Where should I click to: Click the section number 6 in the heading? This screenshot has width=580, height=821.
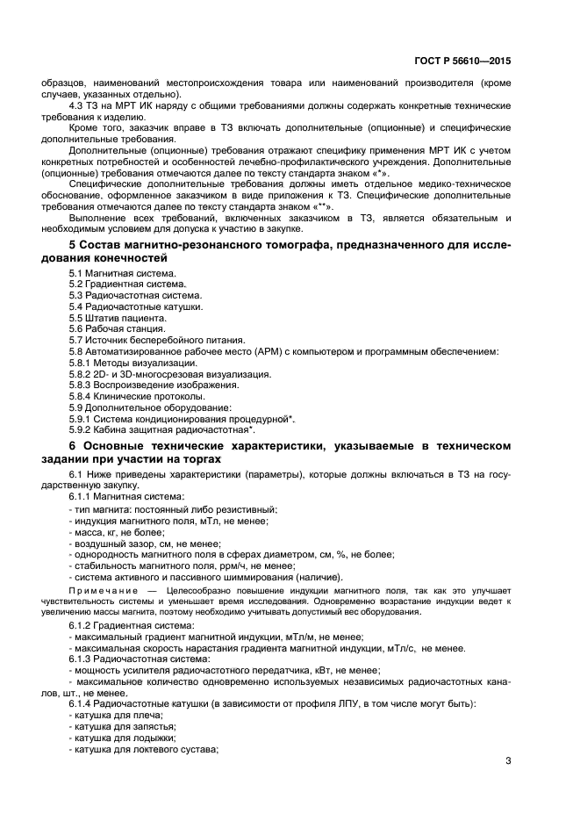[x=72, y=448]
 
